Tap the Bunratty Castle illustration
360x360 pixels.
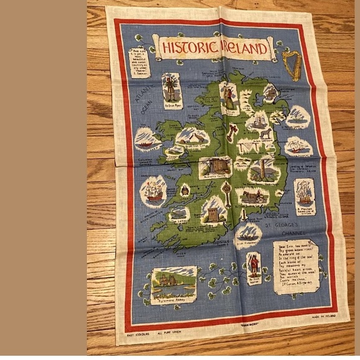pyautogui.click(x=215, y=166)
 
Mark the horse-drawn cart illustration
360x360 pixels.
pyautogui.click(x=253, y=197)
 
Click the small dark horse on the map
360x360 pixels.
pyautogui.click(x=266, y=133)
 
